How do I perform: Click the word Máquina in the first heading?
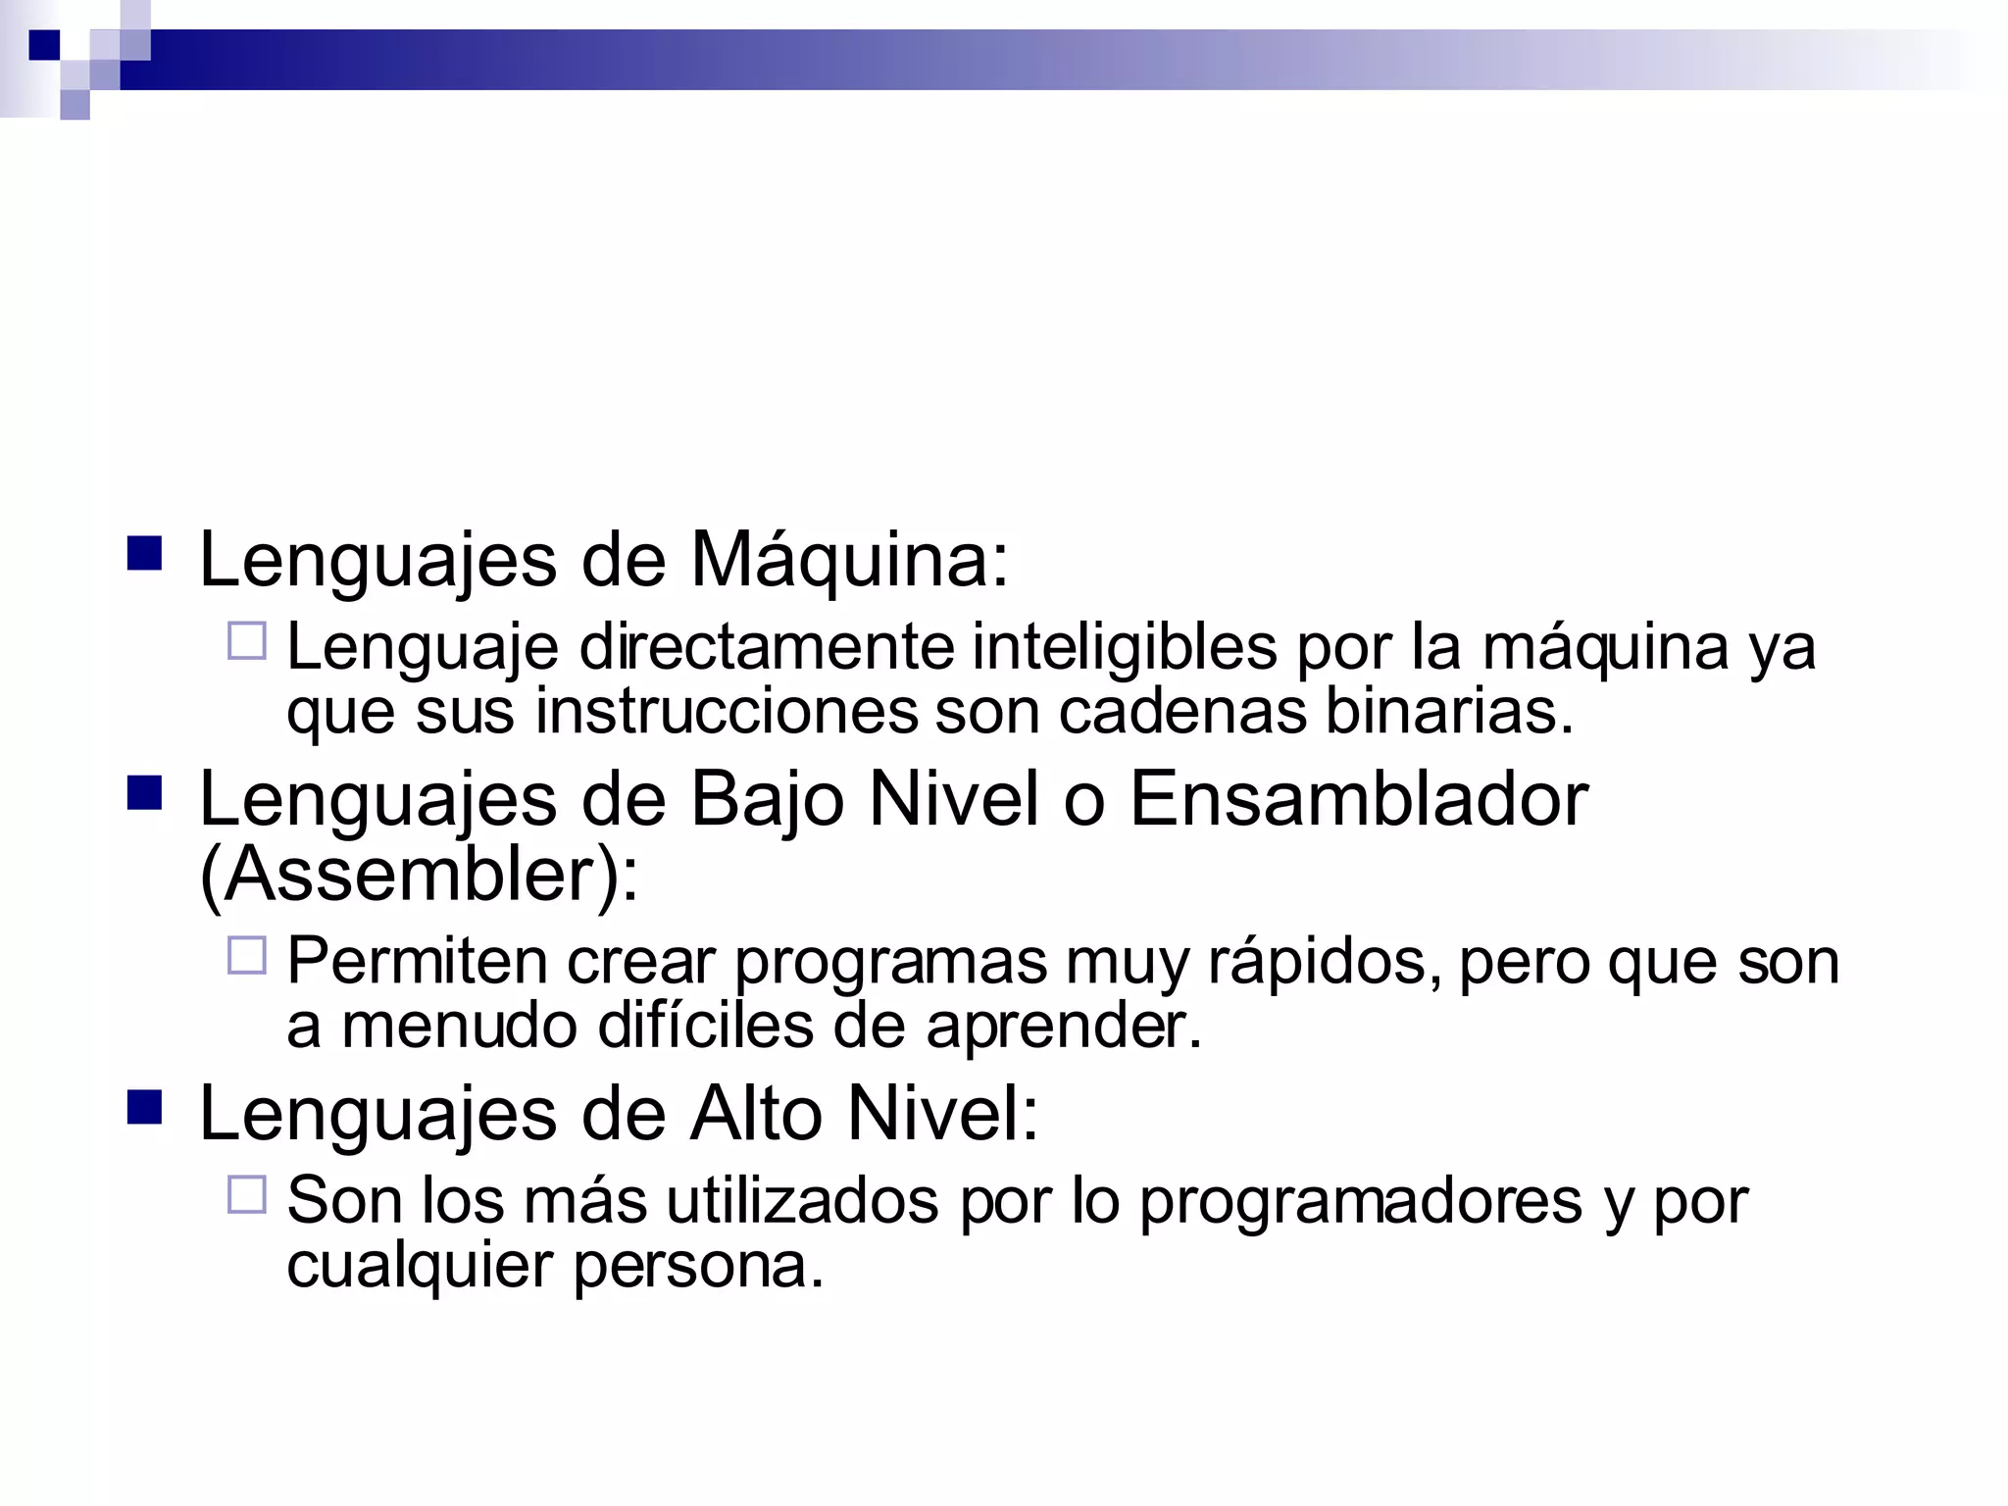[849, 561]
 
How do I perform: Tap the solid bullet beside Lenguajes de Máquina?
[145, 553]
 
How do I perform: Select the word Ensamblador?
[1358, 800]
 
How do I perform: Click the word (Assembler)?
[419, 875]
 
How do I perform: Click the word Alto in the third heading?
[756, 1114]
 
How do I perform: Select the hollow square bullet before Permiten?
[247, 955]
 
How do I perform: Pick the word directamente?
[767, 648]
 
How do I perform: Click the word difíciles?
[705, 1026]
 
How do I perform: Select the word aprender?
[1063, 1028]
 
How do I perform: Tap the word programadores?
[1360, 1202]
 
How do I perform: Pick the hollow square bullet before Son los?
[247, 1195]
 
